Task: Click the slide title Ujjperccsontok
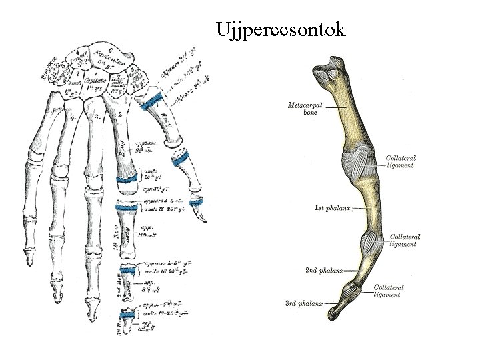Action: point(281,30)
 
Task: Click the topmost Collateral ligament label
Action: point(401,161)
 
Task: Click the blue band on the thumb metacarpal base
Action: point(155,101)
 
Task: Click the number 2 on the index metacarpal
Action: point(120,115)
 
